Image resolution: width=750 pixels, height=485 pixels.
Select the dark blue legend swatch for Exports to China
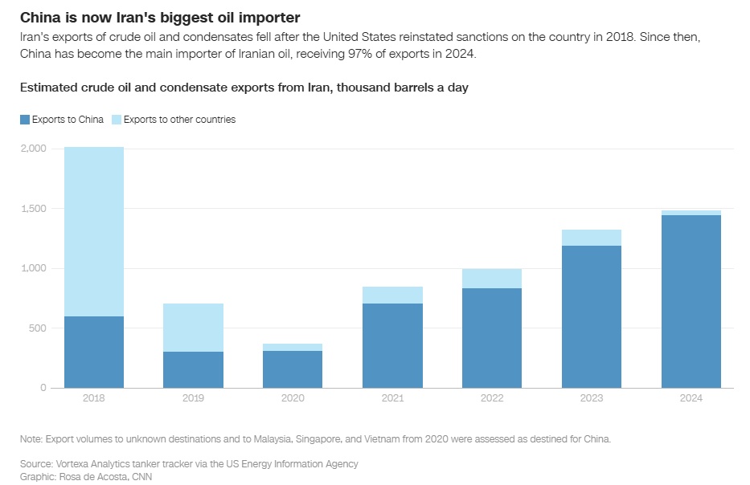[25, 120]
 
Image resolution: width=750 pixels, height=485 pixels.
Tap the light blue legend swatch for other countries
[116, 120]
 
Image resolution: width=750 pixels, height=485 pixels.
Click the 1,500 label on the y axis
[34, 209]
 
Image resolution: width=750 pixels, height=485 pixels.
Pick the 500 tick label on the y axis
[39, 328]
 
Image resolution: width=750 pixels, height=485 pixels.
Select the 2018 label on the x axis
[94, 397]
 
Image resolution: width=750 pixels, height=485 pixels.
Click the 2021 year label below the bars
[392, 397]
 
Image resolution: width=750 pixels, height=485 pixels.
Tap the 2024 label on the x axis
[691, 397]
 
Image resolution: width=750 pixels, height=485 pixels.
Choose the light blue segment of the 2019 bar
[194, 328]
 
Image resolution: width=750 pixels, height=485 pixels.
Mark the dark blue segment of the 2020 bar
[293, 369]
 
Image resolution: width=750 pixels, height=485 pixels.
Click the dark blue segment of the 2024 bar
[691, 301]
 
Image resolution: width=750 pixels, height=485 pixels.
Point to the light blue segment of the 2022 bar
[492, 279]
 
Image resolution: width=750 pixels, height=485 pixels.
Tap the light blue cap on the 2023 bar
[592, 238]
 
